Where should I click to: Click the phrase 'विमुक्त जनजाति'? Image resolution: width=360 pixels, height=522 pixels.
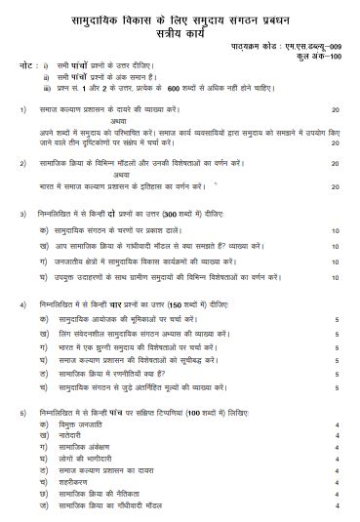(x=89, y=428)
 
